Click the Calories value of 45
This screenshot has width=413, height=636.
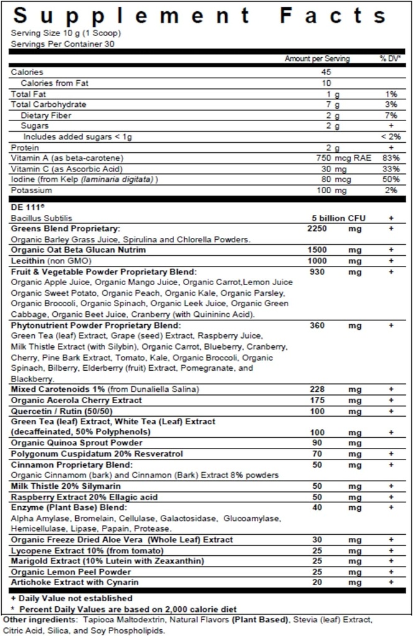(x=327, y=72)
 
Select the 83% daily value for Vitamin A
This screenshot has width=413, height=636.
(x=391, y=158)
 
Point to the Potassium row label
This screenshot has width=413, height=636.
(x=30, y=189)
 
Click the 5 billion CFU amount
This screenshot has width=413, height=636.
(x=338, y=218)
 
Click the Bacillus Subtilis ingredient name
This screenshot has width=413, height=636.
(x=42, y=218)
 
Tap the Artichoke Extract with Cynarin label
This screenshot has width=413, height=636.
(x=75, y=582)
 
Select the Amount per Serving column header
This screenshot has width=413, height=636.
(x=317, y=58)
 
